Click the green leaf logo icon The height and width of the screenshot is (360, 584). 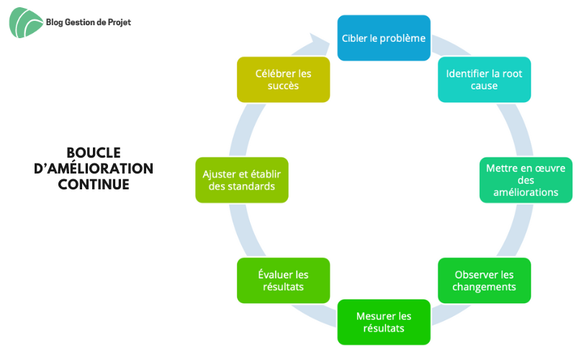25,23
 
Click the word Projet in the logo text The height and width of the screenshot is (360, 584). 120,23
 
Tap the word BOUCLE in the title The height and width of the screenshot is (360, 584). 94,153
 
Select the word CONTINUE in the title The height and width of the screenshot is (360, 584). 94,184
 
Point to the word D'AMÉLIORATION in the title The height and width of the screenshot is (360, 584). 94,168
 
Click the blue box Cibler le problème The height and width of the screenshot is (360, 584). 384,38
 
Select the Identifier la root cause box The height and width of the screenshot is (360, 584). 484,80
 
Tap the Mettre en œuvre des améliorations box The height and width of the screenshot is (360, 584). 526,180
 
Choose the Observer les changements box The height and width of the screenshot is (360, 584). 484,280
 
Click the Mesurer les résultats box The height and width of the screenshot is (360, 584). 384,322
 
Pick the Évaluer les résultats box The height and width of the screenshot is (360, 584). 284,280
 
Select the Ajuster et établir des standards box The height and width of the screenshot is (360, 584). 242,180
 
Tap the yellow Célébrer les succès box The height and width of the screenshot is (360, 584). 284,80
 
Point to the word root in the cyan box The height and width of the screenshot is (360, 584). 512,73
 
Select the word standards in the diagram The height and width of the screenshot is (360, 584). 253,186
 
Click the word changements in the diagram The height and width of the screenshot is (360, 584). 484,287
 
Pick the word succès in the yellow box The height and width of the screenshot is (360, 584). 283,86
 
